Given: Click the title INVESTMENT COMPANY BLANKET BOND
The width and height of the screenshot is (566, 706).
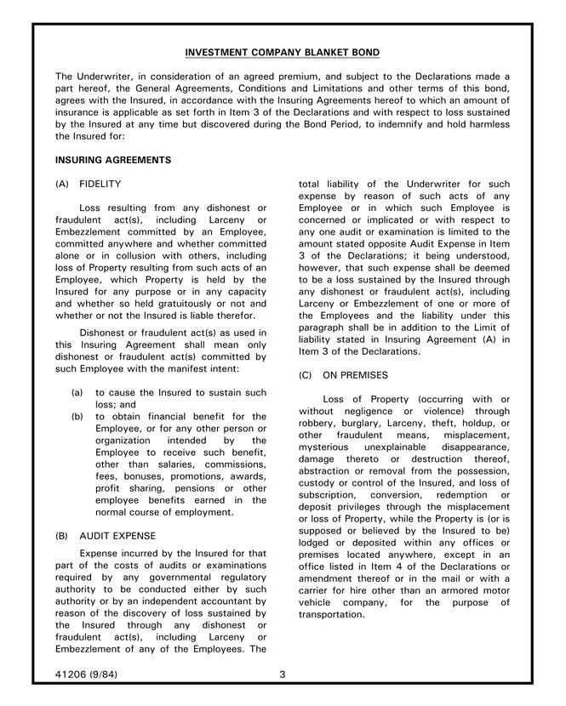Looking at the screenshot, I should (283, 53).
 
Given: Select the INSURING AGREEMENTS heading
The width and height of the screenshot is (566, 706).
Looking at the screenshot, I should (113, 159).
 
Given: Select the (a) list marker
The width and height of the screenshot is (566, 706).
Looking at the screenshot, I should (77, 393).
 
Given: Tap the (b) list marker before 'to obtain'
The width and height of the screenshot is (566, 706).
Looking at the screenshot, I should (77, 417).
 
